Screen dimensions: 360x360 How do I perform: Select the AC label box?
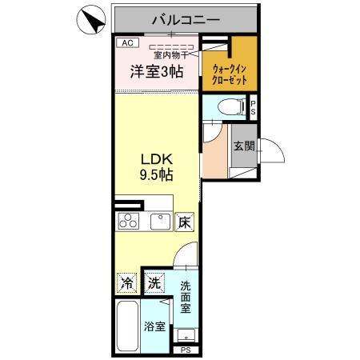pyautogui.click(x=127, y=42)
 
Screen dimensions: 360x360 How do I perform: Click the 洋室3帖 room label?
pyautogui.click(x=157, y=72)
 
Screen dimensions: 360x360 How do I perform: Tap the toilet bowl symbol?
pyautogui.click(x=226, y=105)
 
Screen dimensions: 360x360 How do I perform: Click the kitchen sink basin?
pyautogui.click(x=158, y=221)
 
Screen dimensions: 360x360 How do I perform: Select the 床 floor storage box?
pyautogui.click(x=184, y=222)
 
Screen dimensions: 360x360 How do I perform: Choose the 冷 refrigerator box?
pyautogui.click(x=127, y=282)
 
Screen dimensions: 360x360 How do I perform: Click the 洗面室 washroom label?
pyautogui.click(x=186, y=296)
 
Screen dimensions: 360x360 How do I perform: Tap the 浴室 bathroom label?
pyautogui.click(x=154, y=326)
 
